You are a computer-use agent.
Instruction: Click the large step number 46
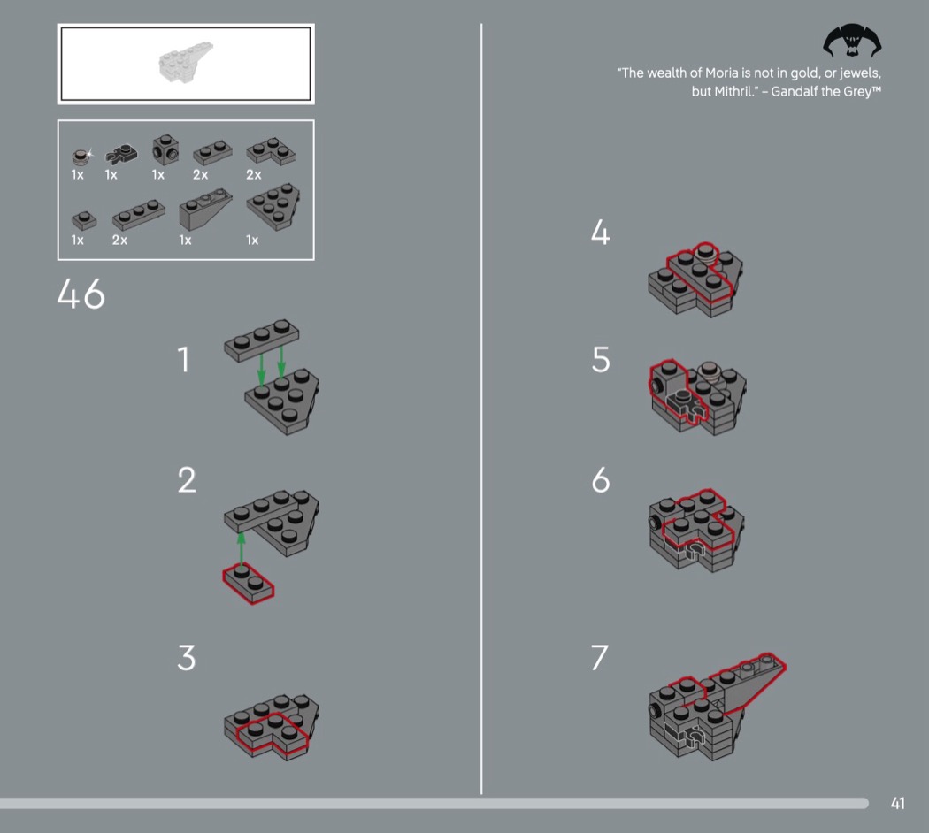(81, 294)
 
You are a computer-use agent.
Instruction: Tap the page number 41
(898, 803)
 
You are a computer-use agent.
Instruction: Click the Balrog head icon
(852, 41)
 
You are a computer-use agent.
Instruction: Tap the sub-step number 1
(184, 359)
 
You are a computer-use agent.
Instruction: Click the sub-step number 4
(600, 232)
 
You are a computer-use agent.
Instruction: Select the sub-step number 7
(600, 657)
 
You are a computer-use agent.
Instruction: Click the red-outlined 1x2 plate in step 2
(249, 584)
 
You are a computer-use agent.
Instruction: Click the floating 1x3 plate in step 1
(261, 340)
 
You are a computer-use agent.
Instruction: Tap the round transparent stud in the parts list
(81, 156)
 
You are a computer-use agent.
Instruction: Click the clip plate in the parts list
(121, 154)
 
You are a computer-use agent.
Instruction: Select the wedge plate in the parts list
(273, 206)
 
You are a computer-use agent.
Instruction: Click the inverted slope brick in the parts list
(205, 209)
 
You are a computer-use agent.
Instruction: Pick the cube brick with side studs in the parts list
(165, 149)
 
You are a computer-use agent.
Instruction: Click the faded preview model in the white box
(184, 61)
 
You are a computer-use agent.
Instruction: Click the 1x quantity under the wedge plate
(252, 240)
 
